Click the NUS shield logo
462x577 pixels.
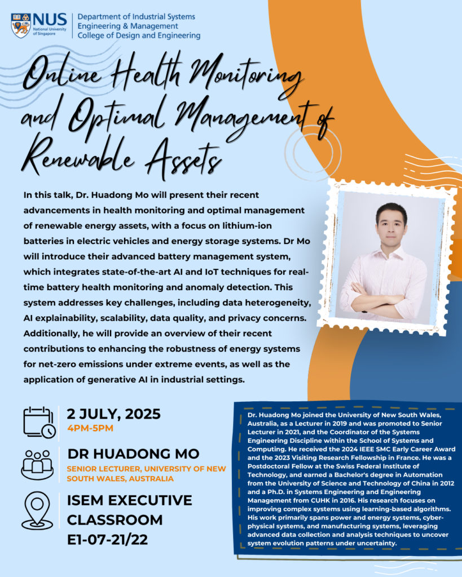pyautogui.click(x=21, y=25)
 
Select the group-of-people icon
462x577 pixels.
pyautogui.click(x=37, y=464)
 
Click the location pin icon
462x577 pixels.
pyautogui.click(x=37, y=510)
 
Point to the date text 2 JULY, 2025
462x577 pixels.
pyautogui.click(x=113, y=414)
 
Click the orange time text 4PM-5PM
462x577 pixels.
pyautogui.click(x=90, y=428)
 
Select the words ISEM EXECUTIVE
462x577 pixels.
pyautogui.click(x=129, y=500)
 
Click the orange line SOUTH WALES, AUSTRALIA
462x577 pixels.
pyautogui.click(x=120, y=478)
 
